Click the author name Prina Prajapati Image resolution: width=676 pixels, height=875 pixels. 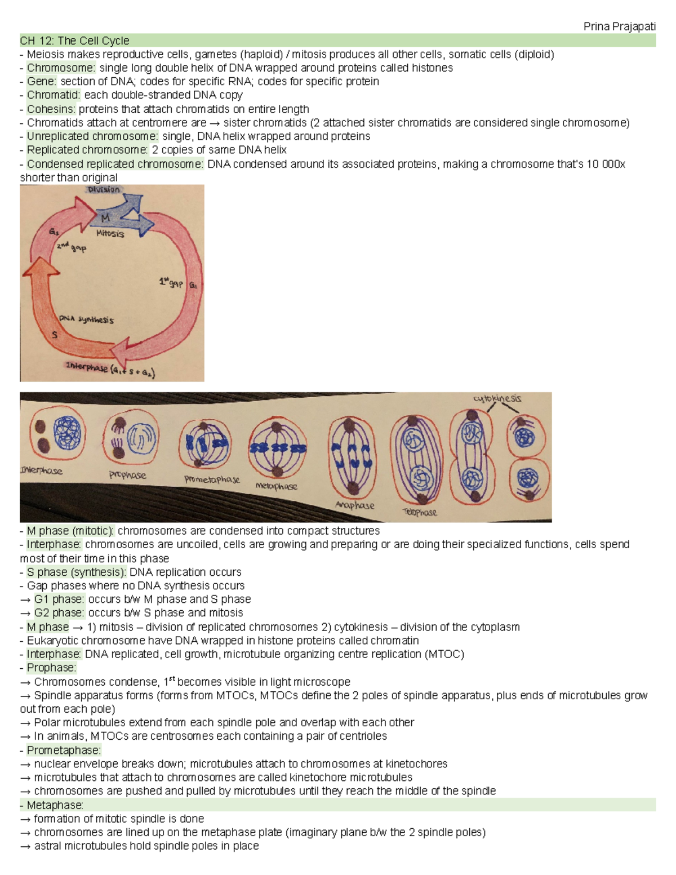[619, 26]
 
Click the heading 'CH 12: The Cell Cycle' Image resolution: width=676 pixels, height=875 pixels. [74, 41]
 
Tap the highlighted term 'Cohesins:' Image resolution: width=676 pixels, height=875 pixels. [51, 109]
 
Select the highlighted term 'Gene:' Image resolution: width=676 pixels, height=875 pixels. [42, 81]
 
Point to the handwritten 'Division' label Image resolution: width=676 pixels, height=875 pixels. [104, 190]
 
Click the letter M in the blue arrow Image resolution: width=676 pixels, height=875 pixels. [105, 217]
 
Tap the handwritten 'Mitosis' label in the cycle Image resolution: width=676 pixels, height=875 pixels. [110, 233]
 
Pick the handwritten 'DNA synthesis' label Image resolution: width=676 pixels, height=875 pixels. [86, 319]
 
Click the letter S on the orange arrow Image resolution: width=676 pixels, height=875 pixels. [55, 335]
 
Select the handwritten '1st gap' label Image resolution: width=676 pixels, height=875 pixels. [171, 282]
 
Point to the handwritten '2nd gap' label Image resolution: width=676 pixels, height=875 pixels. [71, 247]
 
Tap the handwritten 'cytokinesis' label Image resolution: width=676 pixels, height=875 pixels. [497, 398]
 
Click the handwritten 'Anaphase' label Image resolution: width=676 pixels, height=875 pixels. [354, 505]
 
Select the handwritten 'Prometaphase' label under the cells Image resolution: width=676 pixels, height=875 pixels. [212, 479]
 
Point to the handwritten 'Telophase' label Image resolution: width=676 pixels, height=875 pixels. [420, 512]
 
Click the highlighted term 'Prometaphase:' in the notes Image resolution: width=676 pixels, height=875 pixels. [64, 750]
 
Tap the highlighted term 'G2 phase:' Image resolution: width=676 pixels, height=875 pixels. [59, 612]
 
